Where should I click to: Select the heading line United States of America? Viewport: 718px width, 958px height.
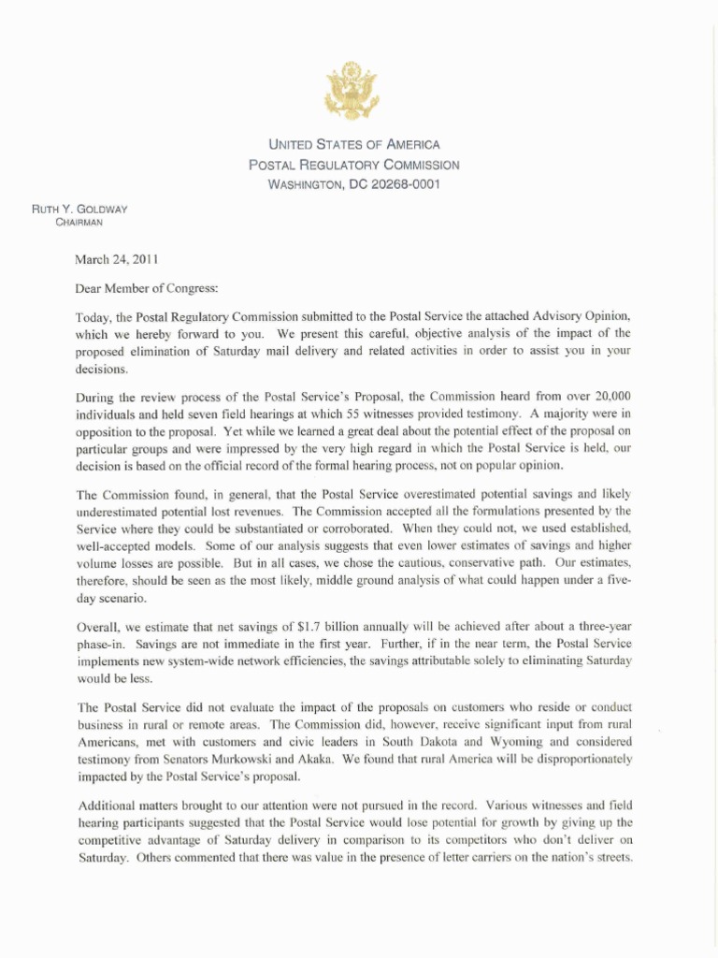(x=353, y=145)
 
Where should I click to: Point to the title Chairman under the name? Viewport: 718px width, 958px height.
(x=79, y=223)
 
